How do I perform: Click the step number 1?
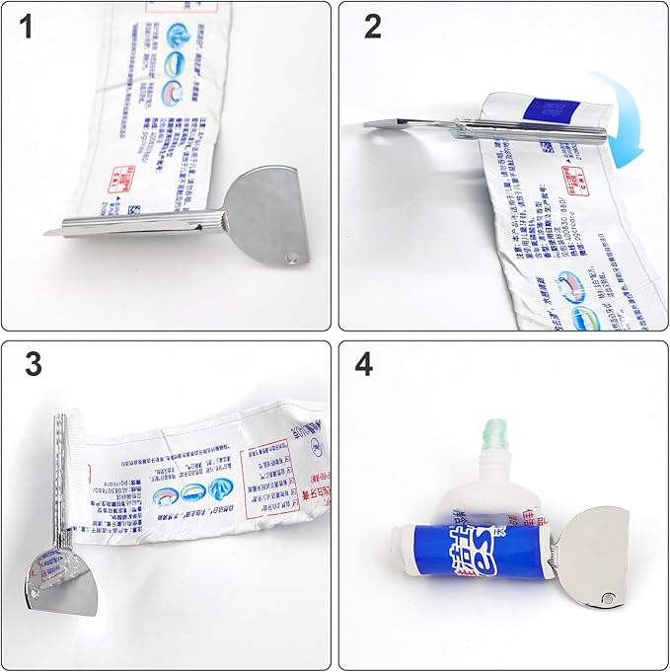pos(27,28)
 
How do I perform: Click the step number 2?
pos(372,27)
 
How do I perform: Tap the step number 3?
pos(34,364)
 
